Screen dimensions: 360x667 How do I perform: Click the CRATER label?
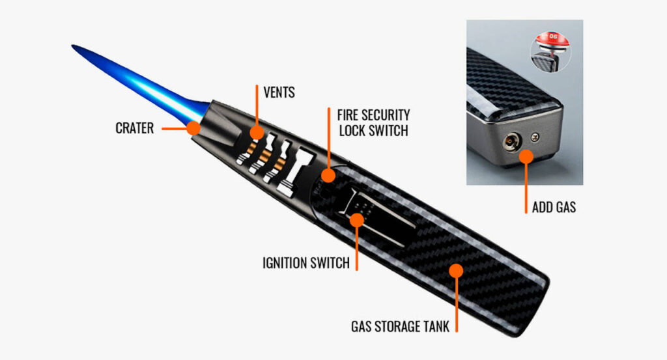point(134,128)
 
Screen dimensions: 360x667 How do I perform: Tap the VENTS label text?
point(279,92)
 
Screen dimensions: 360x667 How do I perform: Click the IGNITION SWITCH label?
point(305,263)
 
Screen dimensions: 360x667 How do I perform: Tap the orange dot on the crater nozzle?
point(193,128)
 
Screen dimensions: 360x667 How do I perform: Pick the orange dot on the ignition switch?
point(356,219)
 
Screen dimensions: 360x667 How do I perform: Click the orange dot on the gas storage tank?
point(457,270)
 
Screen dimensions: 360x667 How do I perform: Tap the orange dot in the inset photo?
point(526,156)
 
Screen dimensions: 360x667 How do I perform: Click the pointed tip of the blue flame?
point(74,47)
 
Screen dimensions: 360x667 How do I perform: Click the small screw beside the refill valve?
point(535,137)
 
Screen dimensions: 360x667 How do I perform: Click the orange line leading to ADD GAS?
point(526,186)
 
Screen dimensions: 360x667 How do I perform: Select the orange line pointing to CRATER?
point(175,128)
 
